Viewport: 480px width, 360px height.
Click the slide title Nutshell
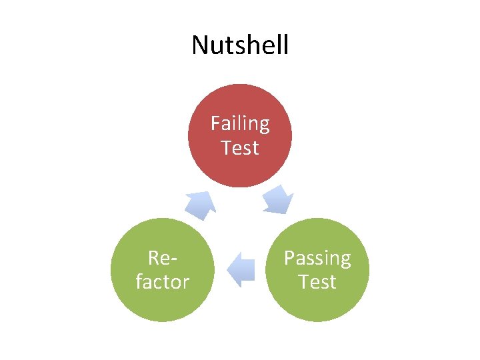240,45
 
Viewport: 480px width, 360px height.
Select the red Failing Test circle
240,167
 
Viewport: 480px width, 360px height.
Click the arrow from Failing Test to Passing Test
277,199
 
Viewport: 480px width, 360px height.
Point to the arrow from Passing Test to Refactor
241,269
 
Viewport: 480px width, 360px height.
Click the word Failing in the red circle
240,124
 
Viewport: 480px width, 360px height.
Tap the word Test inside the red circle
240,147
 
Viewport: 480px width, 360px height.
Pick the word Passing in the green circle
317,258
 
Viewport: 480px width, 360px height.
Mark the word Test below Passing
317,281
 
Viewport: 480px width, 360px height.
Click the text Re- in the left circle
162,258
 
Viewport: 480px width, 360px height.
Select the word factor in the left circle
162,281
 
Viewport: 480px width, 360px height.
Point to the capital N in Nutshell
199,45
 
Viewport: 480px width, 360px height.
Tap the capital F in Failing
215,123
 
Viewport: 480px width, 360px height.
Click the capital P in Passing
289,257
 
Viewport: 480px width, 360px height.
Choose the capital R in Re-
153,257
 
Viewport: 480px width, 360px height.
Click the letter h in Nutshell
251,45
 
